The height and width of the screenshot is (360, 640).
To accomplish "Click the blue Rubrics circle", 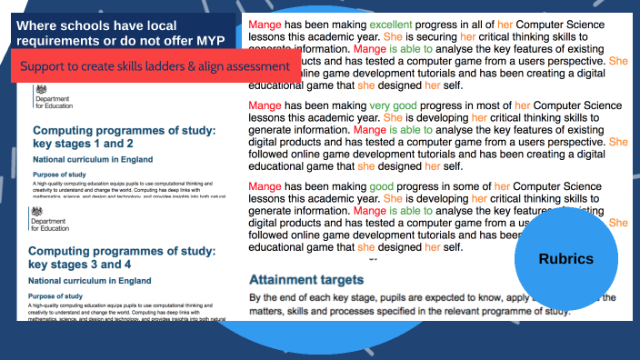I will [565, 259].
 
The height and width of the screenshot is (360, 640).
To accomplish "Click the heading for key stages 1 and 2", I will [123, 137].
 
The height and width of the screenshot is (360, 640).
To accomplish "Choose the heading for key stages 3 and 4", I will [119, 257].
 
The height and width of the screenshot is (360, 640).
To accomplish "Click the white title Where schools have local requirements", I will [118, 33].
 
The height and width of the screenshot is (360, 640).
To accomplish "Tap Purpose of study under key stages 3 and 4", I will [62, 296].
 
